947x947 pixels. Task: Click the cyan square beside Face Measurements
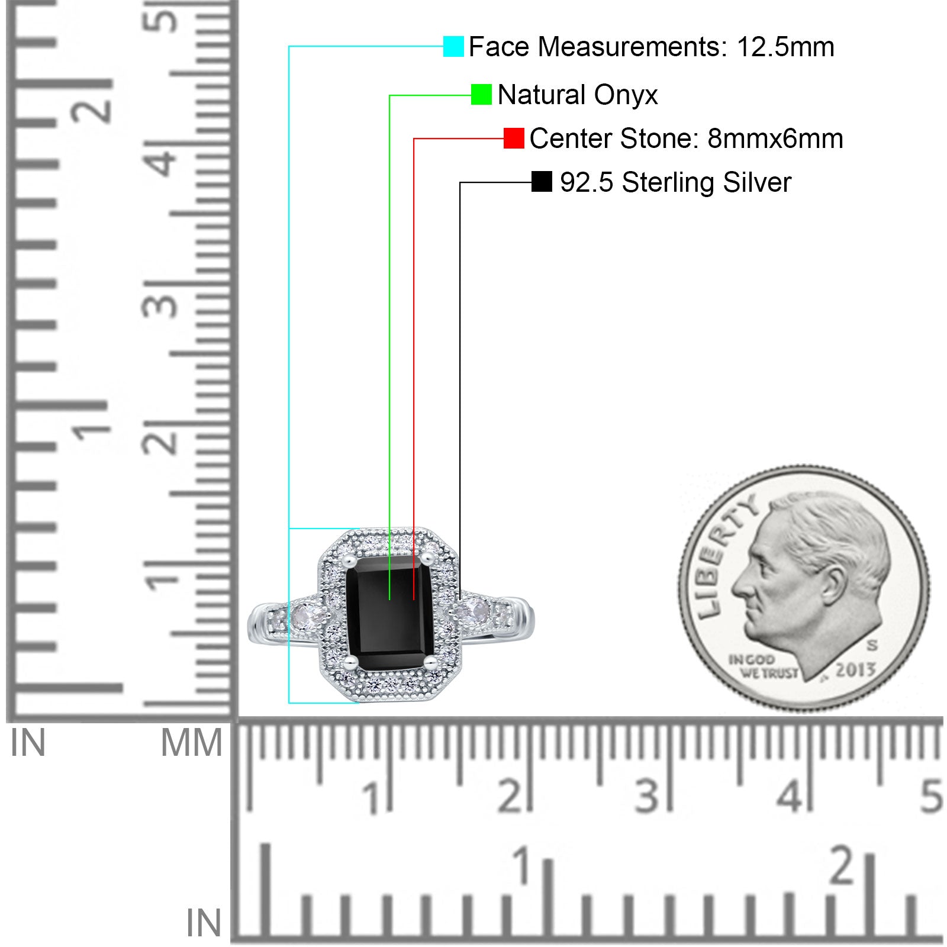point(453,46)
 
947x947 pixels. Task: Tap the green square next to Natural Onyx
point(481,95)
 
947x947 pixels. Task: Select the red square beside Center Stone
point(514,138)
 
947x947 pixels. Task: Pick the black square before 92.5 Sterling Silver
point(542,182)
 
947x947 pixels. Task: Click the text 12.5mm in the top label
point(785,47)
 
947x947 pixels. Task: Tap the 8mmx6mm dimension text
point(775,138)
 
